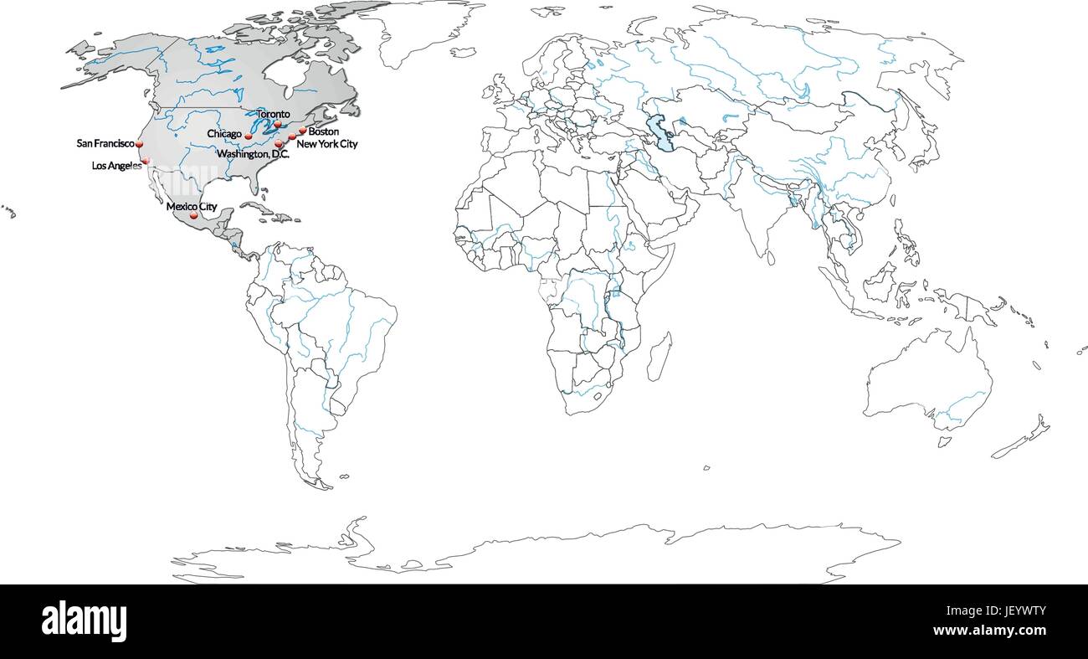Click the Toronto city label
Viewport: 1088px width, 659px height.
[274, 114]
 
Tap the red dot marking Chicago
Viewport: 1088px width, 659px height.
[249, 136]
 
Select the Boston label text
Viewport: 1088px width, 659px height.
[323, 131]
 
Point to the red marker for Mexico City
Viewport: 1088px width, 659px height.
[194, 216]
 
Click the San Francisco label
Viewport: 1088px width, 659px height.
[105, 144]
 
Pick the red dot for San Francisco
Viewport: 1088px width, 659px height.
[140, 145]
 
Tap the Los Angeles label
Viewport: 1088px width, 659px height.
[116, 166]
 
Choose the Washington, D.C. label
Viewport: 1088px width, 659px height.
[253, 155]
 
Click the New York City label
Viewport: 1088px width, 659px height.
[327, 144]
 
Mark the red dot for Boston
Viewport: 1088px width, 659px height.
[303, 131]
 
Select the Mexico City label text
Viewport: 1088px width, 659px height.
[192, 206]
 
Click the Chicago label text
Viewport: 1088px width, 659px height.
[224, 134]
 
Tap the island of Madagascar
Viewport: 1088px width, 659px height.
[659, 356]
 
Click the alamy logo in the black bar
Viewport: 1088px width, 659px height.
[85, 620]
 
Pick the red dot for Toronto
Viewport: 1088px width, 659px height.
[277, 124]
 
